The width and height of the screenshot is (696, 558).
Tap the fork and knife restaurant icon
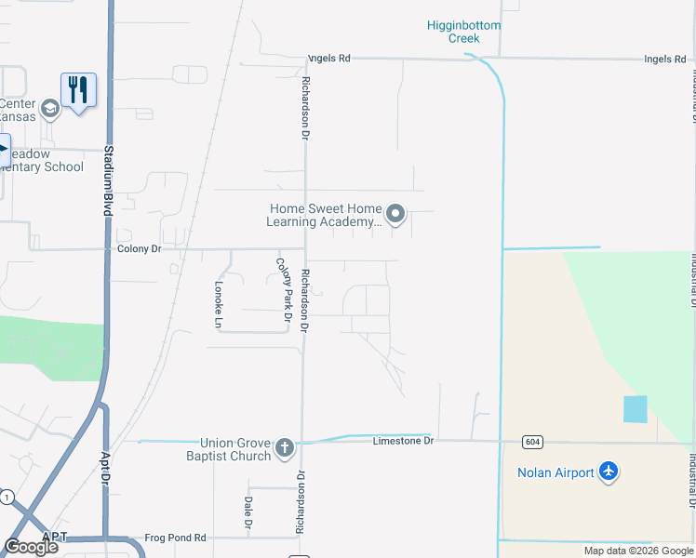[x=78, y=90]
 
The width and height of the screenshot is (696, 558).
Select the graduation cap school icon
[x=49, y=110]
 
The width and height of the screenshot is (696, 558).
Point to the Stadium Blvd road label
[x=108, y=181]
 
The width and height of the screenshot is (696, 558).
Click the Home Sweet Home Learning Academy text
[x=325, y=215]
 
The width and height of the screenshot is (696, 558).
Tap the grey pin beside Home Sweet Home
[x=395, y=215]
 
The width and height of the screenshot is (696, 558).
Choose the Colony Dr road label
[x=139, y=249]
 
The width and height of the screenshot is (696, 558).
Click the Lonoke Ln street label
[x=220, y=304]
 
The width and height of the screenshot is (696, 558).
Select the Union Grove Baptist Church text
[x=235, y=449]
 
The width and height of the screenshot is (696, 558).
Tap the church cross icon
[x=285, y=449]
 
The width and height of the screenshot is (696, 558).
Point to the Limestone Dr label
[x=403, y=440]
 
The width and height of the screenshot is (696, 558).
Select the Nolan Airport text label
[x=555, y=472]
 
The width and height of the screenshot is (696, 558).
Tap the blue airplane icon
[x=609, y=472]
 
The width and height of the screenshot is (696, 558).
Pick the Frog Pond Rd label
[x=175, y=538]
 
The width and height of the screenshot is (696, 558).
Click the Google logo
[x=31, y=547]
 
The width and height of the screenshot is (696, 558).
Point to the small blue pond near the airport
[x=635, y=409]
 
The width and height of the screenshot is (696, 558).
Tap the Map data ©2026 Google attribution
[x=637, y=551]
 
